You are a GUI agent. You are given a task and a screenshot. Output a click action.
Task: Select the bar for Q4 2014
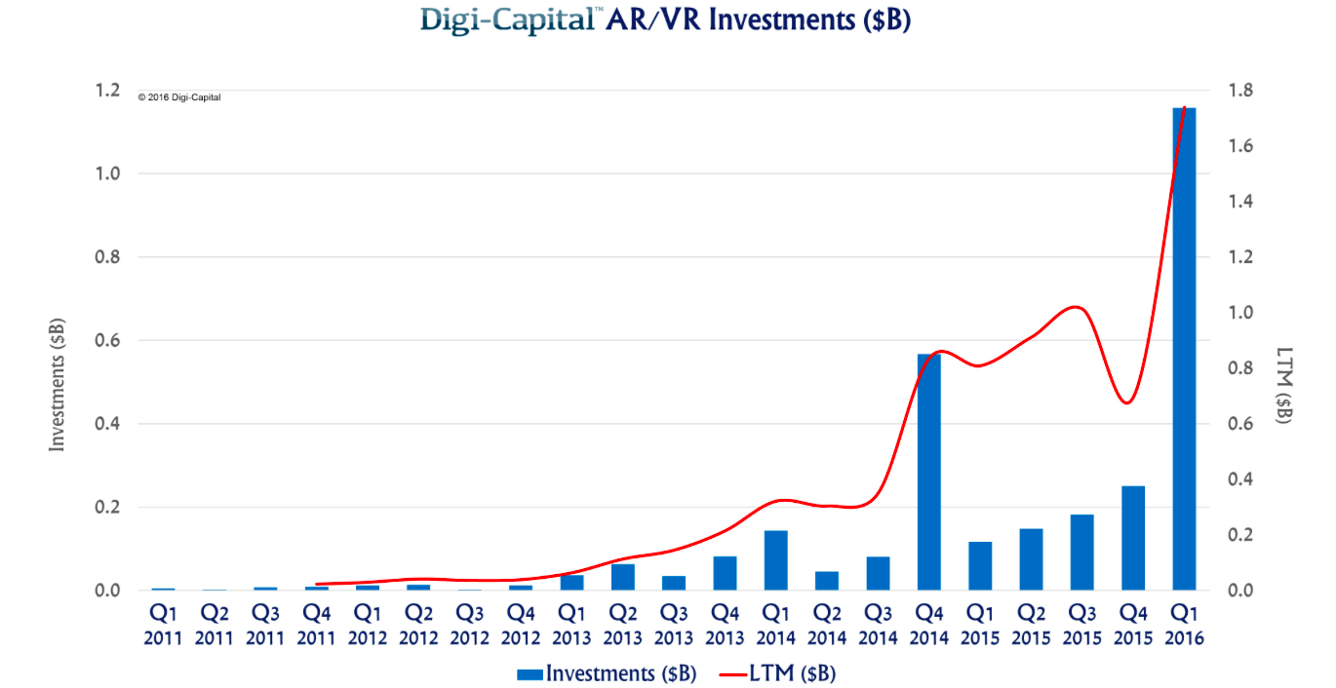click(928, 473)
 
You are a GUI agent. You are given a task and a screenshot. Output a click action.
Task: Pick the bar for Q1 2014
click(775, 560)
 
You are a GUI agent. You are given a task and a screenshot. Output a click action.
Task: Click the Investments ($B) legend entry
click(607, 673)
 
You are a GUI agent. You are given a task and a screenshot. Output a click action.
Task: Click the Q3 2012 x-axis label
click(470, 626)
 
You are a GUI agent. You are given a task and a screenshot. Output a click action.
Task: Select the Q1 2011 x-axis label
click(164, 626)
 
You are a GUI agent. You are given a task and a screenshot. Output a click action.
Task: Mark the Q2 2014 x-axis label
click(827, 626)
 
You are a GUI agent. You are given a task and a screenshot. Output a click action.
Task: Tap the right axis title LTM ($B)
click(1284, 385)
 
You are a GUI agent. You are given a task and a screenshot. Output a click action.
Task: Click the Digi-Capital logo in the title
click(506, 19)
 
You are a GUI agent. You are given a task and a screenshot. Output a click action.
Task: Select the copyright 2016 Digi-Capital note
click(179, 97)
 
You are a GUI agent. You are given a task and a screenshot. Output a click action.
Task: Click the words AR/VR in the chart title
click(652, 19)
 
